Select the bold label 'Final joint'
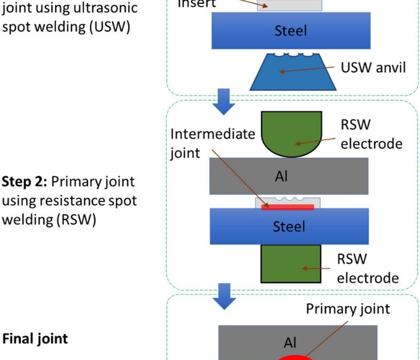(x=35, y=338)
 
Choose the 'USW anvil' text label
(x=374, y=68)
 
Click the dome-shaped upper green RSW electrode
(x=291, y=134)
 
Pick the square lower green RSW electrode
(x=290, y=263)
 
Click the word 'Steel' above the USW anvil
(x=290, y=30)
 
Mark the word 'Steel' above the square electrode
(x=289, y=226)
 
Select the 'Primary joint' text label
(x=347, y=309)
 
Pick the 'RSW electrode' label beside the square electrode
(x=367, y=268)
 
